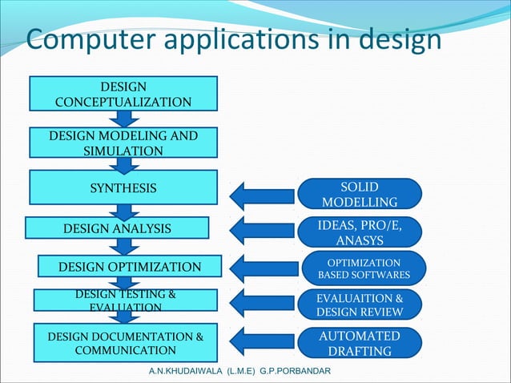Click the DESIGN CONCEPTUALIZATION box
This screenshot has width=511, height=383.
(123, 93)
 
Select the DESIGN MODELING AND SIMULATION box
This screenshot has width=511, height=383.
(123, 143)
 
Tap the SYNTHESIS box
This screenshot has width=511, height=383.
(123, 187)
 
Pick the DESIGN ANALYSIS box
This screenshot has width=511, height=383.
(117, 228)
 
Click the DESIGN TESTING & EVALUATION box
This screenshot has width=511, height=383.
(125, 300)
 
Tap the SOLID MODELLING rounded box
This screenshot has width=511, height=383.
(360, 193)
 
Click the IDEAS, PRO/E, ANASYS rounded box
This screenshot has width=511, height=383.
(360, 232)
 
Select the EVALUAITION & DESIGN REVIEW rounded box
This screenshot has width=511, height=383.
(360, 304)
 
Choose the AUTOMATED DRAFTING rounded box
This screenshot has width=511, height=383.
(360, 342)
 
